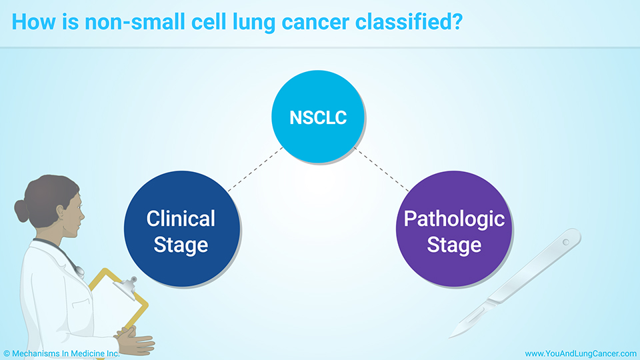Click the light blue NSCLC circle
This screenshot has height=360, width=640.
pyautogui.click(x=318, y=117)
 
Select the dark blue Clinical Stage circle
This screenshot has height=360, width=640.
pyautogui.click(x=181, y=229)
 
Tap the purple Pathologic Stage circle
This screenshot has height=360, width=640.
pyautogui.click(x=454, y=229)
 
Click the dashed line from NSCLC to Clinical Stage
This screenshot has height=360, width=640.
pyautogui.click(x=255, y=169)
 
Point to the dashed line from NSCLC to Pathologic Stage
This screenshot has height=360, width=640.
pyautogui.click(x=381, y=169)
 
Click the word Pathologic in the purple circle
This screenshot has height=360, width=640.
pyautogui.click(x=454, y=219)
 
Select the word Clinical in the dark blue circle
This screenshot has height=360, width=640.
pyautogui.click(x=181, y=219)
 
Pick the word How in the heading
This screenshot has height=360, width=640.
pyautogui.click(x=34, y=21)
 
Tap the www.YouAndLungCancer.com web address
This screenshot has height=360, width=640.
pyautogui.click(x=581, y=353)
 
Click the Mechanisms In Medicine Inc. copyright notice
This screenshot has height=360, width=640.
pyautogui.click(x=61, y=353)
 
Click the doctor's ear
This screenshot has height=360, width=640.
pyautogui.click(x=61, y=211)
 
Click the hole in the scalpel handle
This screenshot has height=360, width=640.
pyautogui.click(x=566, y=243)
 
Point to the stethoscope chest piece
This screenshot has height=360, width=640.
pyautogui.click(x=79, y=271)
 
